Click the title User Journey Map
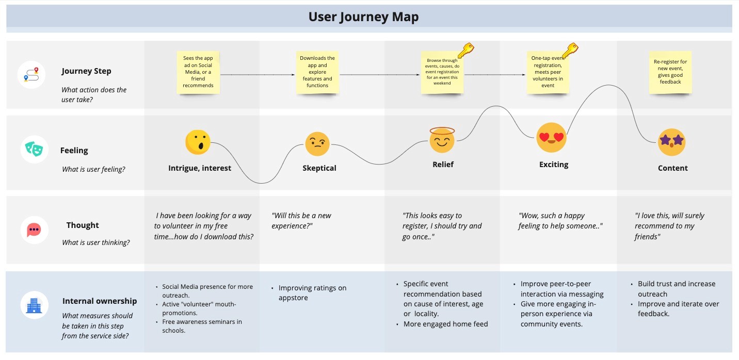[363, 17]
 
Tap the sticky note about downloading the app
[317, 72]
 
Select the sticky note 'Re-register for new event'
[670, 72]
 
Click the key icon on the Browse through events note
[466, 51]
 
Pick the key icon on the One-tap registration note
[570, 51]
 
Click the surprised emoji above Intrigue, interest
[198, 142]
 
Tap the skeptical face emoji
[317, 144]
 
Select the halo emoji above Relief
[442, 140]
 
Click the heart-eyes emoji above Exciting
[551, 138]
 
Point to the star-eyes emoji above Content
[671, 142]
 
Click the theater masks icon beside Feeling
[34, 149]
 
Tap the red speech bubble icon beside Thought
[34, 230]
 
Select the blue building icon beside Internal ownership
[34, 305]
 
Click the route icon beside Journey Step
[31, 74]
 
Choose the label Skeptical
[319, 168]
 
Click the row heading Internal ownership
[99, 301]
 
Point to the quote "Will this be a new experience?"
[301, 221]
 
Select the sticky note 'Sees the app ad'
[198, 72]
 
